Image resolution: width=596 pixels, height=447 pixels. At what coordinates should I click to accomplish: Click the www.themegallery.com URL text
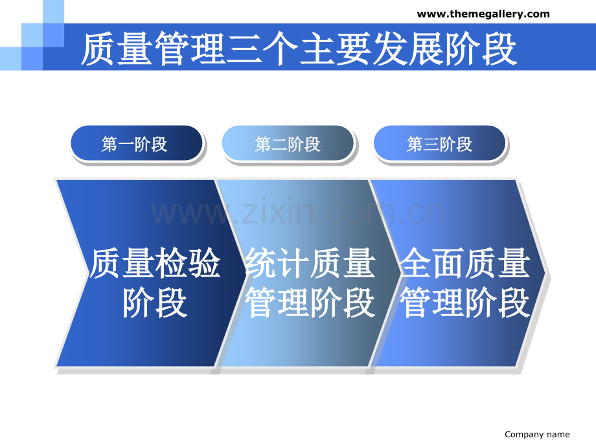pos(483,14)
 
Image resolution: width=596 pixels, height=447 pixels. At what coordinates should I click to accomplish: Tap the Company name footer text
pos(537,435)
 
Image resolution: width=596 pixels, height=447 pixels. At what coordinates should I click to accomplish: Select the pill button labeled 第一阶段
pos(137,143)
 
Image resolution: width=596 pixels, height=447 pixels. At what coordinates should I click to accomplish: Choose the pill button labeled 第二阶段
pos(288,143)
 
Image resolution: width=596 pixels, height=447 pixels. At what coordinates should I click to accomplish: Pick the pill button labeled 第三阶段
pos(439,143)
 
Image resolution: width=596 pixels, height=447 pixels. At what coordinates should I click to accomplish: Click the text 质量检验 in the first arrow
pos(155,263)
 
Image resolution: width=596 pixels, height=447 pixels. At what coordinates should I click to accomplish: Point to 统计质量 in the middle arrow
pos(310,263)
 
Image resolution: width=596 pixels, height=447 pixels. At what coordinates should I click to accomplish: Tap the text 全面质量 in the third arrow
pos(465,263)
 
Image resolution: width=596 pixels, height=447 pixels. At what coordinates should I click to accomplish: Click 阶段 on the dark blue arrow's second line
pos(155,303)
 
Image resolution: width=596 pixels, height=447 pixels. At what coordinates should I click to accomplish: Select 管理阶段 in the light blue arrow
pos(310,303)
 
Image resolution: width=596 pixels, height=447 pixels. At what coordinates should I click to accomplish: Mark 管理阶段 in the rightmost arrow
pos(465,303)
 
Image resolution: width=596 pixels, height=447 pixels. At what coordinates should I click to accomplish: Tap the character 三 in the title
pos(244,49)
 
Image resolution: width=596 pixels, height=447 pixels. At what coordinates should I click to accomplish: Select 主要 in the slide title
pos(336,49)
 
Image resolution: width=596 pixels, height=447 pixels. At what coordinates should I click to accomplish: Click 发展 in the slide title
pos(409,49)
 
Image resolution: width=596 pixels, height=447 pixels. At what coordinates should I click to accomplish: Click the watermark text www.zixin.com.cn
pos(297,211)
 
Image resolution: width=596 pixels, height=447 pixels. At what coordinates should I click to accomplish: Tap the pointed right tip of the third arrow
pos(545,273)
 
